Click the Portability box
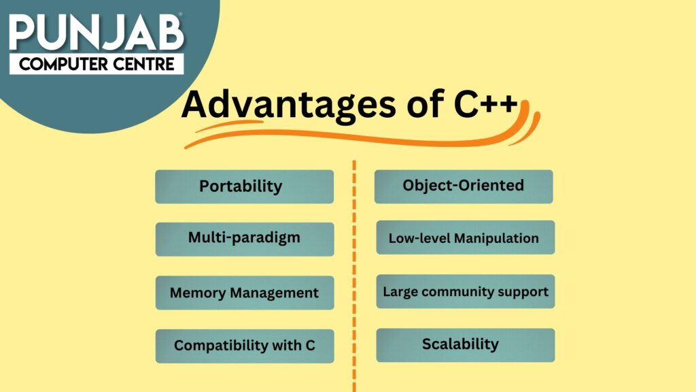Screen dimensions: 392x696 244,186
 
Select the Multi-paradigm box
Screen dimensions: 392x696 244,239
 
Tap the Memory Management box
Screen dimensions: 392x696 244,293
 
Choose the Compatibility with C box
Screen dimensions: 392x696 244,346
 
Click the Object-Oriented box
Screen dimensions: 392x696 464,186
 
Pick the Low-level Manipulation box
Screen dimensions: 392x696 465,238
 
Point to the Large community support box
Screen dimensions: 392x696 465,292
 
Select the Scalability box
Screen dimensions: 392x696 465,344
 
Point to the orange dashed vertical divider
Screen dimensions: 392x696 354,272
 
